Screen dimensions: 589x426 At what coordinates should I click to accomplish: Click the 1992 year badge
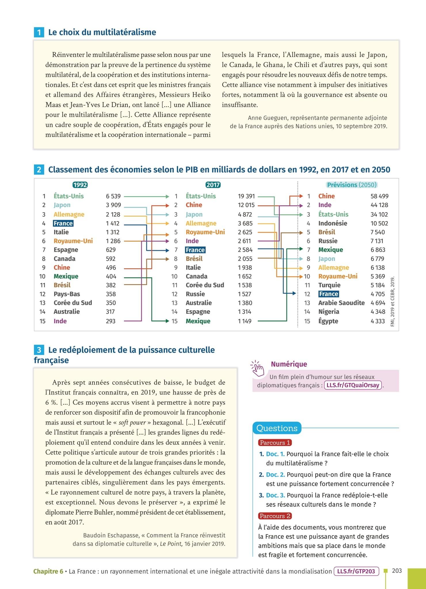click(x=80, y=185)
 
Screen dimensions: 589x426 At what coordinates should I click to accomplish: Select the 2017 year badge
click(x=213, y=185)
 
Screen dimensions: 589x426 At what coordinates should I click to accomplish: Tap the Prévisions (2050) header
click(x=352, y=185)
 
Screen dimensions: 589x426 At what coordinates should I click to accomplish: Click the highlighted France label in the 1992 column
click(x=63, y=223)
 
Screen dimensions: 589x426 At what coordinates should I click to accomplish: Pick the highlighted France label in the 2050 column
click(x=328, y=294)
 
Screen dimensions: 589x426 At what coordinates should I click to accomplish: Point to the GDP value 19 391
click(x=246, y=196)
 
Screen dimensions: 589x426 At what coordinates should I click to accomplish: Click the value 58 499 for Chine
click(x=379, y=196)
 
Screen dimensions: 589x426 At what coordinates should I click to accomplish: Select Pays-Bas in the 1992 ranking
click(x=67, y=294)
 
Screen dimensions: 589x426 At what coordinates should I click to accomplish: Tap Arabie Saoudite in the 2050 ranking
click(x=341, y=303)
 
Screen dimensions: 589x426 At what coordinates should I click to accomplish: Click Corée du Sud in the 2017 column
click(x=205, y=285)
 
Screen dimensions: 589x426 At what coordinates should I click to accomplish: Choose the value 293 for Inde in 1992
click(x=111, y=321)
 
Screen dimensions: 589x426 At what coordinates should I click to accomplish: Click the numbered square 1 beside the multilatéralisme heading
click(x=39, y=32)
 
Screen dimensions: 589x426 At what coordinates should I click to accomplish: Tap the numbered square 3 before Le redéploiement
click(x=39, y=350)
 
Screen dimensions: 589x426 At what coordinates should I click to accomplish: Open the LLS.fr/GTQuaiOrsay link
click(x=353, y=385)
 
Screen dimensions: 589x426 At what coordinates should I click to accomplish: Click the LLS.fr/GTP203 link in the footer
click(x=356, y=571)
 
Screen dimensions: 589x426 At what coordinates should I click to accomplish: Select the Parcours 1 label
click(x=275, y=443)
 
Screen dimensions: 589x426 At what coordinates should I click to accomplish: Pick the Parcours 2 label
click(x=275, y=516)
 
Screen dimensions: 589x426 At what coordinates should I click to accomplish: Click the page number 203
click(x=397, y=571)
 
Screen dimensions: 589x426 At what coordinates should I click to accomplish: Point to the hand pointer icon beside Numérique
click(x=257, y=368)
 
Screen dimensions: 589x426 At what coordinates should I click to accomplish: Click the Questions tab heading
click(x=277, y=428)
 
